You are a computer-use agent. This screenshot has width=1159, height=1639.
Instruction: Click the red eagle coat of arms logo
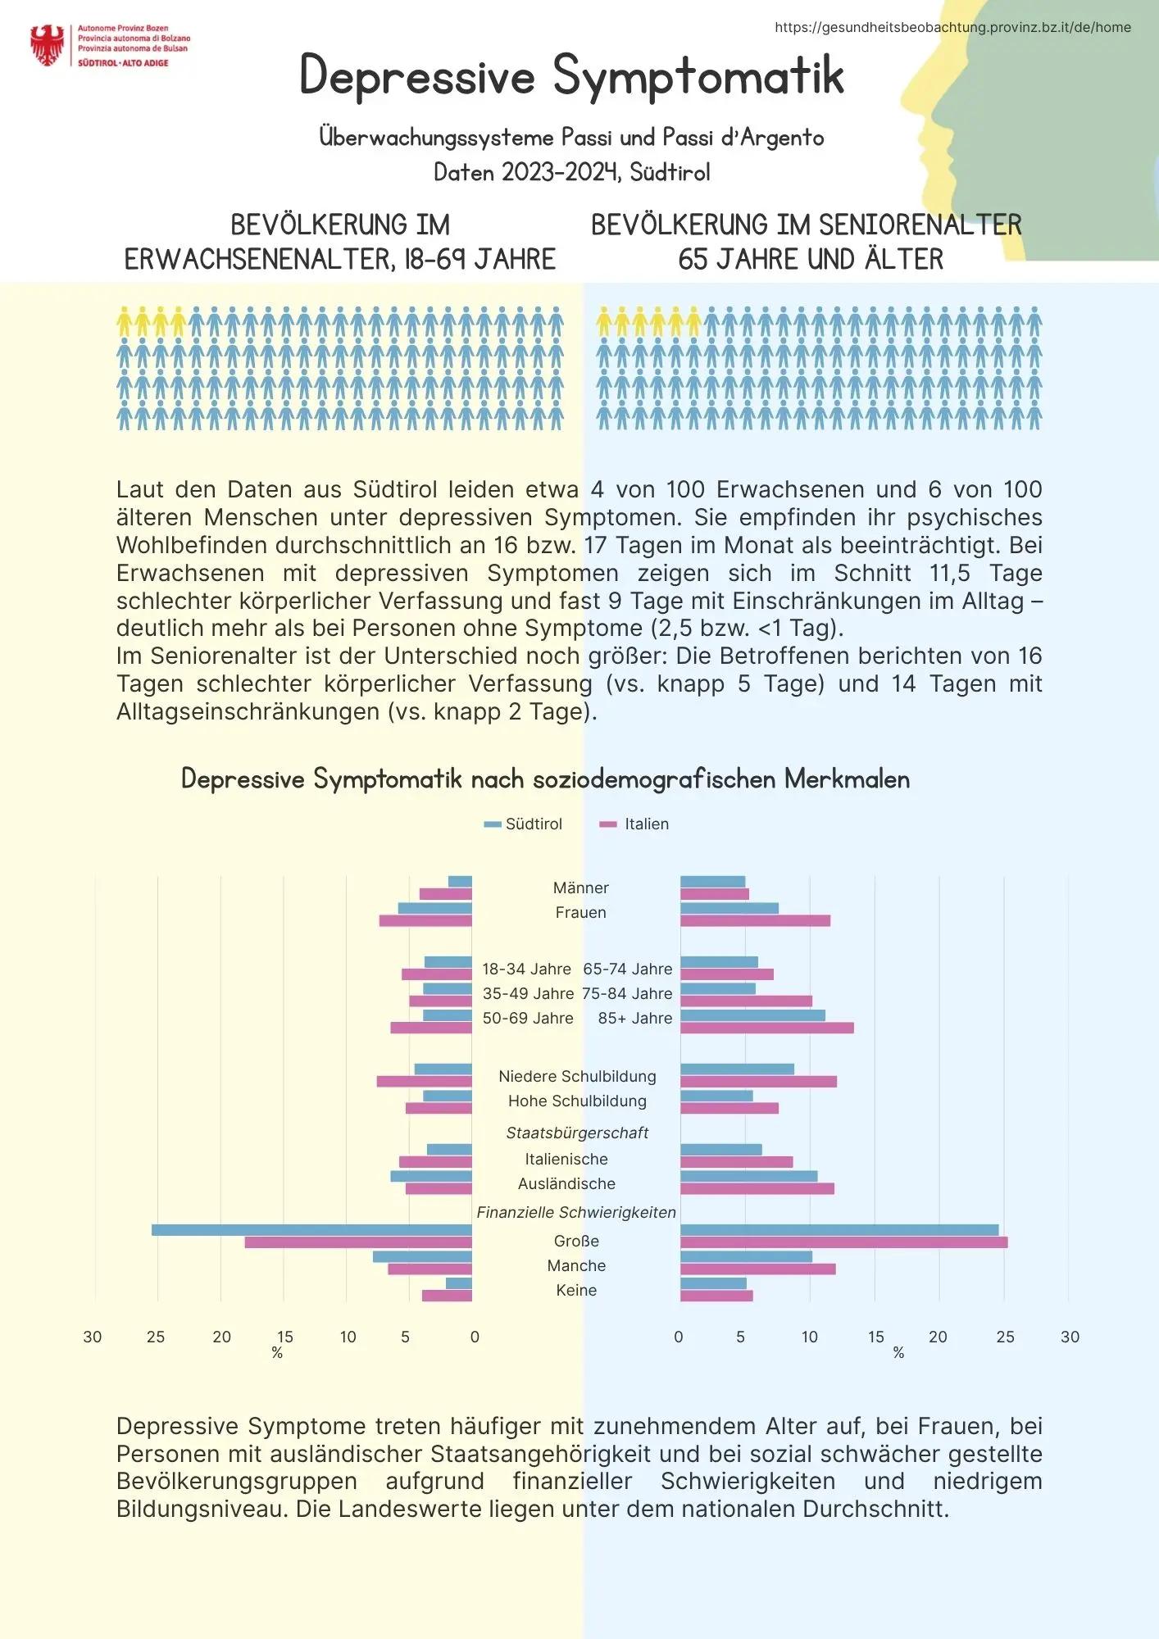click(x=48, y=45)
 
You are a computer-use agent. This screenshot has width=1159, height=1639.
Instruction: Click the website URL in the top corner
click(x=952, y=27)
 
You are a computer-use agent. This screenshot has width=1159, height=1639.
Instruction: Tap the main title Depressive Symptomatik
click(x=571, y=75)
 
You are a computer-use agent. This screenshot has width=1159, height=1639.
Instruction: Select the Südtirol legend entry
click(x=524, y=824)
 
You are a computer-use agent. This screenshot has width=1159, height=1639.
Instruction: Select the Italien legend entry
click(x=635, y=824)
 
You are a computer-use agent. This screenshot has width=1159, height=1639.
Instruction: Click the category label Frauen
click(x=580, y=912)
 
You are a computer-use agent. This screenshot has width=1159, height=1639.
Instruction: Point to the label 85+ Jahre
click(x=634, y=1018)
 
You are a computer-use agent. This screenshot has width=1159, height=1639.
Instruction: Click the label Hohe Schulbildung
click(x=577, y=1101)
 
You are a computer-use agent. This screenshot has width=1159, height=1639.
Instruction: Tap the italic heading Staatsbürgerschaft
click(x=577, y=1133)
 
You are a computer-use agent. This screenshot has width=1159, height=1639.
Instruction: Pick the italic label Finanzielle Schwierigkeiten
click(x=576, y=1212)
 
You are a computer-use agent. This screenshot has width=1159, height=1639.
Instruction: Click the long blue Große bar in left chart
click(x=311, y=1229)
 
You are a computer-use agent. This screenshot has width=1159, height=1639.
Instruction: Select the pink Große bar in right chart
click(x=843, y=1242)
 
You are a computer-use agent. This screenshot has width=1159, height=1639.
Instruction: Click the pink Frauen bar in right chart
click(x=755, y=920)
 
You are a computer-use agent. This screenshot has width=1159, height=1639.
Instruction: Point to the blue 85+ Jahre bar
click(x=752, y=1015)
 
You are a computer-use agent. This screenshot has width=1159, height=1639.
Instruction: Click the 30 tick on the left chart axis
click(x=93, y=1337)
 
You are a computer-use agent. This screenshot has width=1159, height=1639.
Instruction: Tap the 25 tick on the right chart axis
click(x=1005, y=1337)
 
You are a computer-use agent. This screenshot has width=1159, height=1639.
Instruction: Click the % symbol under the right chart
click(x=898, y=1353)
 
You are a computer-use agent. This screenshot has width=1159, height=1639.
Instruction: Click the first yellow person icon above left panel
click(x=125, y=321)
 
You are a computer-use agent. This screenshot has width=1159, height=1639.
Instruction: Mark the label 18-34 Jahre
click(x=526, y=969)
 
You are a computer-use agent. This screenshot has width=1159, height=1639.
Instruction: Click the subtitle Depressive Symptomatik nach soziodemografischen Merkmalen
click(x=545, y=779)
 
